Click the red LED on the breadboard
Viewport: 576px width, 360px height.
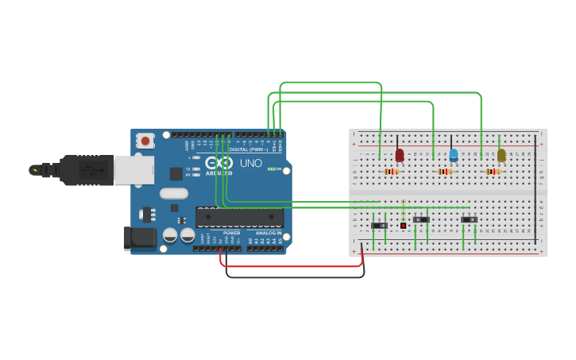pos(400,155)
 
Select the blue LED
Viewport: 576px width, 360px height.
pos(454,155)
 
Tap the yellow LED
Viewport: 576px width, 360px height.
pos(501,155)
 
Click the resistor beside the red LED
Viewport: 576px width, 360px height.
pos(390,172)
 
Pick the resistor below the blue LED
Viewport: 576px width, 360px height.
pos(445,172)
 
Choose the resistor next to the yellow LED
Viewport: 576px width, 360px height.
pos(493,172)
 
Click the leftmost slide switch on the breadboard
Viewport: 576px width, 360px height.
pos(379,226)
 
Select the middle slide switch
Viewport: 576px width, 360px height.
pos(422,219)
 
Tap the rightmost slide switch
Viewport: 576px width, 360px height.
pos(470,219)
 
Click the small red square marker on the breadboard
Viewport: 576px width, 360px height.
pos(403,226)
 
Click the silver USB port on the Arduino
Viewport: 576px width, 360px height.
pos(133,169)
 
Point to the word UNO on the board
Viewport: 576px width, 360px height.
pos(251,163)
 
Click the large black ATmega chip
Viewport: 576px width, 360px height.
pos(239,217)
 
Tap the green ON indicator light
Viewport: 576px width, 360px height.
pos(271,168)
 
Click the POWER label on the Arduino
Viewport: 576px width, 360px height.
pos(232,233)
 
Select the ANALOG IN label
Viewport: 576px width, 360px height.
pos(268,233)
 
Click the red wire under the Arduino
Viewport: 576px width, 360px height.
pos(294,266)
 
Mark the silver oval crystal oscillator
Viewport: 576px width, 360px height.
pos(173,193)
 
